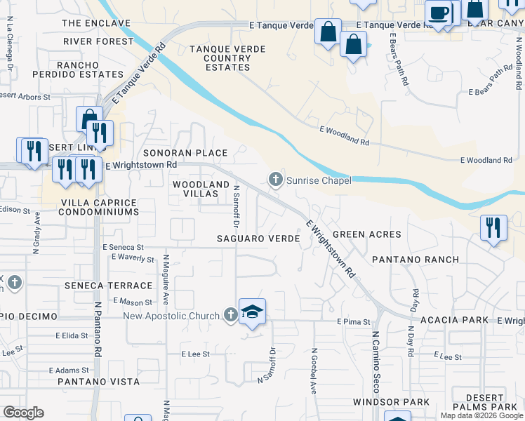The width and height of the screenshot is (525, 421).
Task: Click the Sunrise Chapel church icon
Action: click(x=276, y=180)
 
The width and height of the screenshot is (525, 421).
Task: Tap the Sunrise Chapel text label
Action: click(x=319, y=180)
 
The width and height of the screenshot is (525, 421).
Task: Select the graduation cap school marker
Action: click(x=253, y=312)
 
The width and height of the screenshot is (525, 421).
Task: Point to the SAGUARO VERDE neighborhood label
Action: click(x=259, y=239)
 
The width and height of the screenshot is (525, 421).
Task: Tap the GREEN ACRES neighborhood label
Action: click(x=366, y=234)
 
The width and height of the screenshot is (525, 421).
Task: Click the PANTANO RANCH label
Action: click(x=416, y=260)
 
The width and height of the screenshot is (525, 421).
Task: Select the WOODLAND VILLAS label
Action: click(x=201, y=190)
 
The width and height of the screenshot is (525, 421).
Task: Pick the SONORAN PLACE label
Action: click(x=185, y=153)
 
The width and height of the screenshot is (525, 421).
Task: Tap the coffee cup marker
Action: click(x=439, y=13)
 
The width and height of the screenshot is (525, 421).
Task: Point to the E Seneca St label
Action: click(x=123, y=247)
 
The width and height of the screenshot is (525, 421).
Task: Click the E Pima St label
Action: click(x=353, y=321)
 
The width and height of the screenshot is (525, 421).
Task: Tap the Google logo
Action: click(x=23, y=413)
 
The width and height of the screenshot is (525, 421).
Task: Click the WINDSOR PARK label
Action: click(x=401, y=402)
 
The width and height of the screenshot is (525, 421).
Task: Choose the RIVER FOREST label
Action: click(x=98, y=41)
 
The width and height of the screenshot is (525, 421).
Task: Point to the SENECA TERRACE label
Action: click(x=108, y=286)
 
